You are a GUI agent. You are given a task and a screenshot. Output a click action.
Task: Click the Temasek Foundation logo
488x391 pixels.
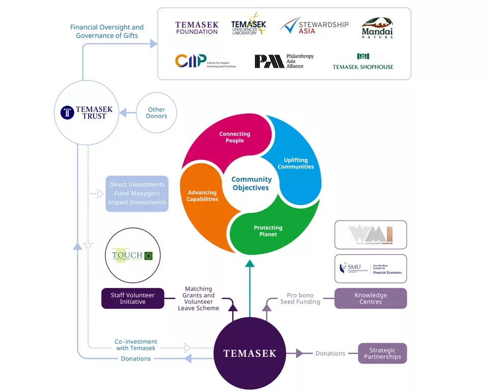[x=197, y=27]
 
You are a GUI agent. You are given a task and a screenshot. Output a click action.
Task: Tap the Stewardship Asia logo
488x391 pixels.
[x=314, y=27]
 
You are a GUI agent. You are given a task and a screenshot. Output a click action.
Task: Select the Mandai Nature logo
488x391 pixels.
[x=377, y=28]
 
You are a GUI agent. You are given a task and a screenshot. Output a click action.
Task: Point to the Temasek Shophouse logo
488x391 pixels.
[x=363, y=61]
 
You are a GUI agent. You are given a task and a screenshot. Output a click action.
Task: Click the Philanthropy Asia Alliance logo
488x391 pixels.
[x=284, y=61]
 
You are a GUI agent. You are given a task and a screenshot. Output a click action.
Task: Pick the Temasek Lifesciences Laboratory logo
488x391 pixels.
[x=249, y=25]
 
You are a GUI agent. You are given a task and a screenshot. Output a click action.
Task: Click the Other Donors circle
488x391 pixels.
[x=156, y=113]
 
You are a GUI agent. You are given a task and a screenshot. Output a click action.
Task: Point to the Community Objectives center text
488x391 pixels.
[x=251, y=183]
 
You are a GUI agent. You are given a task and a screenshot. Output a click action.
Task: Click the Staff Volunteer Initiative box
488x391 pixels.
[x=132, y=298]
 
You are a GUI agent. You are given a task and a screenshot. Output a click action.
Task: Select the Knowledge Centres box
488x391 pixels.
[x=370, y=298]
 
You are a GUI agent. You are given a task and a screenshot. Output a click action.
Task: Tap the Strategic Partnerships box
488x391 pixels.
[x=382, y=353]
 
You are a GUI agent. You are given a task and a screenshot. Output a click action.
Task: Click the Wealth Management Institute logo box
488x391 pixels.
[x=370, y=235]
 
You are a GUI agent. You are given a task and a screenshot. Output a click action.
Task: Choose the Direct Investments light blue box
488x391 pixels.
[x=137, y=193]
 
